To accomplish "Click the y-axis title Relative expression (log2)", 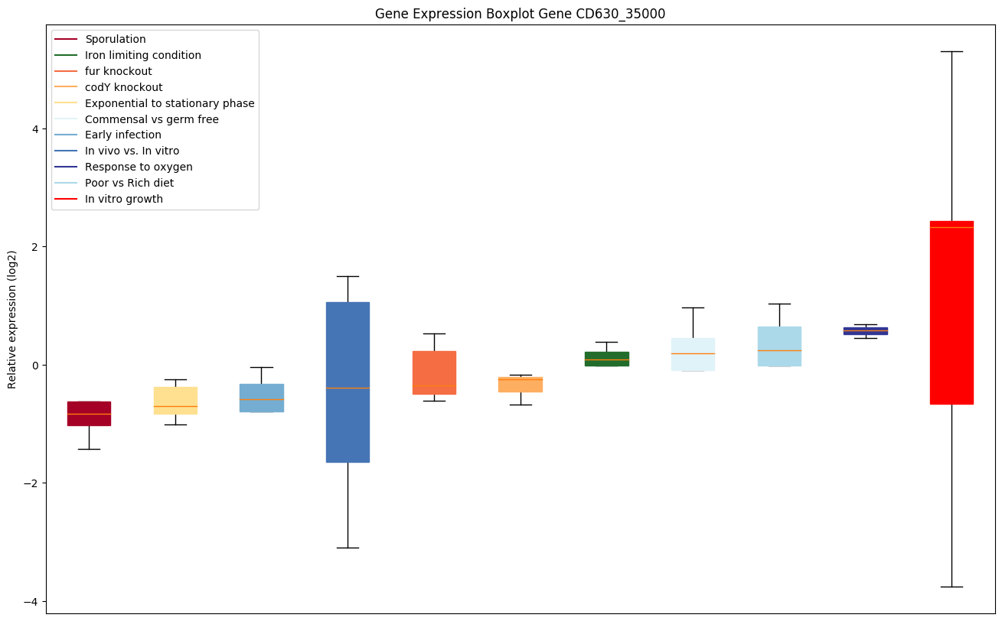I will click(12, 320).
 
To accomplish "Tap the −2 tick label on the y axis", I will click(31, 483).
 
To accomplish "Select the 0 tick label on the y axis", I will click(34, 365).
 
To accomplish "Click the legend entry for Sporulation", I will click(116, 39).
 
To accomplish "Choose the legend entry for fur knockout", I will click(119, 71).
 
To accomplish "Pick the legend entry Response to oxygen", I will click(139, 167).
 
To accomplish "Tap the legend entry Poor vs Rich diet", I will click(129, 183).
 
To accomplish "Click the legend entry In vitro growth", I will click(124, 199).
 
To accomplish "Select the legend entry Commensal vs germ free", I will click(152, 119).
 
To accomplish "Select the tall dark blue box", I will click(348, 382).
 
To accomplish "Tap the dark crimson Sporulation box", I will click(89, 413).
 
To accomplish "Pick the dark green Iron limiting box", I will click(606, 359).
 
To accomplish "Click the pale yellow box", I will click(175, 400).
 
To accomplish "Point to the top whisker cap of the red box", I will click(951, 51).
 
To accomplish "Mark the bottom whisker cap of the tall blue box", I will click(348, 548).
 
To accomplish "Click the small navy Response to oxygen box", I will click(865, 330).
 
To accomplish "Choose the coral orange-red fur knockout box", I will click(434, 372).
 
